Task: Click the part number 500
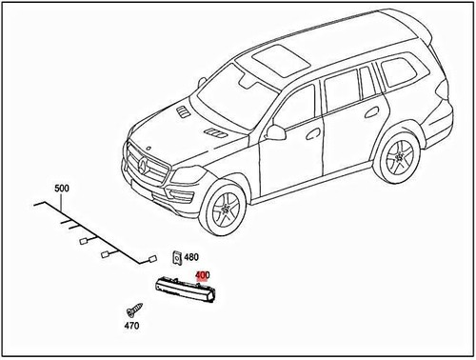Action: coord(62,190)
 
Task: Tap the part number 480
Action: coord(191,257)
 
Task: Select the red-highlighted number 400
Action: coord(201,275)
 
